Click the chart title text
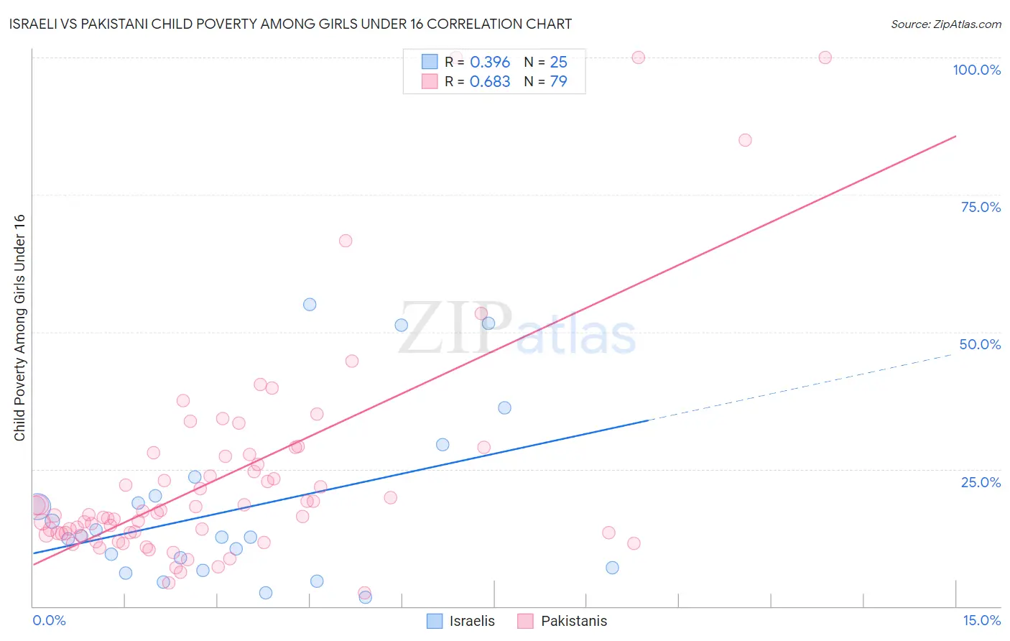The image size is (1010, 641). pos(290,24)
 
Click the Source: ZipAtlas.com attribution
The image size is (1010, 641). pos(945,24)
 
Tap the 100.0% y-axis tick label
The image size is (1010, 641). pos(976,70)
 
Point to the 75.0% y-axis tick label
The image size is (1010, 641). pos(981,207)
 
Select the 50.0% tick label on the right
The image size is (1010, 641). pos(980,344)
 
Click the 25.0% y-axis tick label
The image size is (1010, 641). pos(981,481)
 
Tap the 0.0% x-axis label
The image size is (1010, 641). pos(49,620)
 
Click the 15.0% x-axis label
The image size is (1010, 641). pos(981,620)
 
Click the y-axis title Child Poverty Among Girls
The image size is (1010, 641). pos(19,328)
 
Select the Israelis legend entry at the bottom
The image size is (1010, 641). pos(460,621)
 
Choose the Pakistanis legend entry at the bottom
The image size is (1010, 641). pos(562,621)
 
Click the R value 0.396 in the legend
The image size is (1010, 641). pos(489,63)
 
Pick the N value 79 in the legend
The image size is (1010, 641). pos(558,82)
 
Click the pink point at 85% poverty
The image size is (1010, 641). pos(745,140)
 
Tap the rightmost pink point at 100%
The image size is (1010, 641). pos(825,57)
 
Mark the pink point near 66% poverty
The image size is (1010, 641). pos(346,241)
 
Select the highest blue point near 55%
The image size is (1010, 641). pos(310,305)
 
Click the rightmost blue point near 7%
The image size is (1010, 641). pos(612,568)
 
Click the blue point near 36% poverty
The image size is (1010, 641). pos(504,407)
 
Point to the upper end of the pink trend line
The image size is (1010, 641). pos(955,136)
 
